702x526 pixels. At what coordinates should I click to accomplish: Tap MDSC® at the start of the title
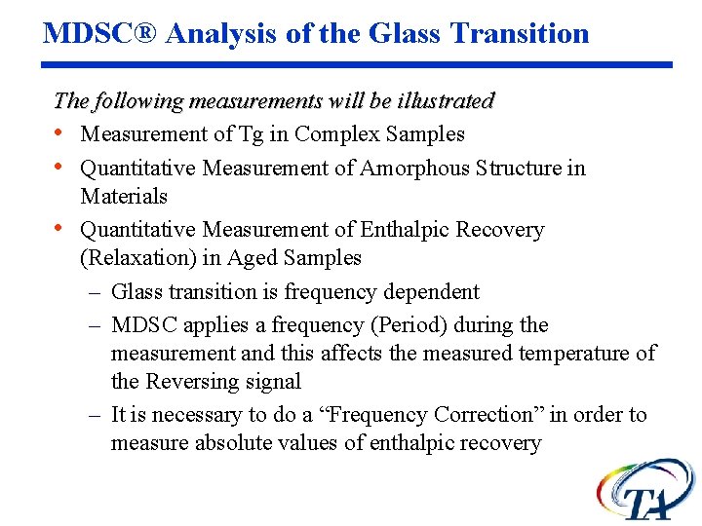pos(100,33)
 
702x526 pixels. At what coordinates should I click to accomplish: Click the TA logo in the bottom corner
pos(645,490)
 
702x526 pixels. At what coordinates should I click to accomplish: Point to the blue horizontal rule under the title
pos(358,65)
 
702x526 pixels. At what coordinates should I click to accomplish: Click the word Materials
pos(124,196)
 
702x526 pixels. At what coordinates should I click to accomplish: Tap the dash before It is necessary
pos(95,415)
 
